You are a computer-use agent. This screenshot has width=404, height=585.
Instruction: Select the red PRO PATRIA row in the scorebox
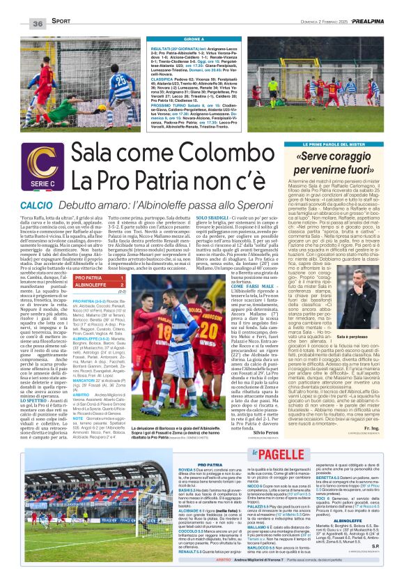(100, 278)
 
